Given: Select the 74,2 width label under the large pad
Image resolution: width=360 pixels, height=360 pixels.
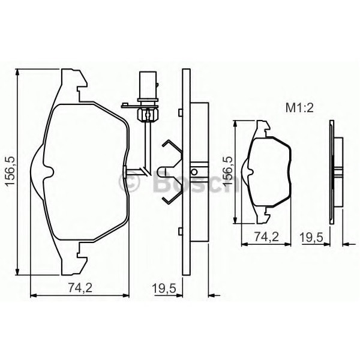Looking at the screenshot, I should [x=80, y=287].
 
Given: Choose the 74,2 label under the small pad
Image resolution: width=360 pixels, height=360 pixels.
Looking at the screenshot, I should [x=266, y=236].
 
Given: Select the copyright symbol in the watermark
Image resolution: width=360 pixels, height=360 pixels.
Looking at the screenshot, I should [x=130, y=181].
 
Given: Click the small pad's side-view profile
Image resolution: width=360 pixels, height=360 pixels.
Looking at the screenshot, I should [x=336, y=172].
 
